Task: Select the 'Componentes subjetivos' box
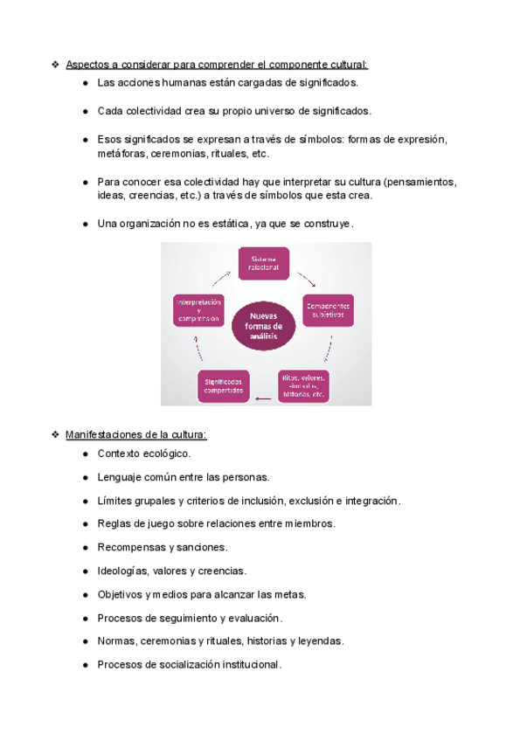point(329,310)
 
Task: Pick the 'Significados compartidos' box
point(224,385)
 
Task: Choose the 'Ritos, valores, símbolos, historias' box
point(303,385)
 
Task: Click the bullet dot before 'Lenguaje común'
point(85,478)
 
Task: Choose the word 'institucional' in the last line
point(250,665)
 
